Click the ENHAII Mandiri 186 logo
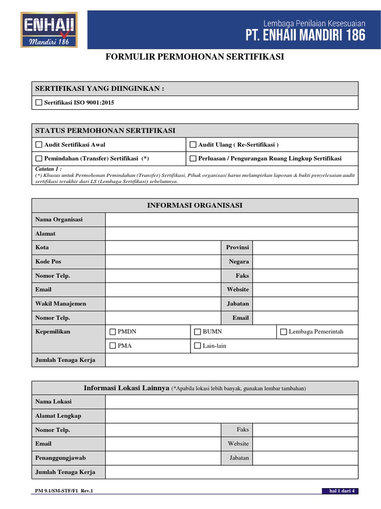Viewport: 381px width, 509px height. click(49, 30)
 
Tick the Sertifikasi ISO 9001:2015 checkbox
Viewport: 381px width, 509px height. click(39, 103)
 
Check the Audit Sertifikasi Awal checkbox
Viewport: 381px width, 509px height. click(39, 145)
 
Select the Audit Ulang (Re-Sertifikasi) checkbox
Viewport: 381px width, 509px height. click(193, 145)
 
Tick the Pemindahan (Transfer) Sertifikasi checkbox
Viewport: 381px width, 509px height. click(39, 159)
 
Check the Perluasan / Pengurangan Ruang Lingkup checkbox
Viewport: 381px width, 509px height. click(193, 159)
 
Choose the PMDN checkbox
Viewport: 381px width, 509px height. click(113, 332)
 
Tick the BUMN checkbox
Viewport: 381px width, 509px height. click(197, 332)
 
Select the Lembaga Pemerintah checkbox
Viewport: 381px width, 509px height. click(283, 332)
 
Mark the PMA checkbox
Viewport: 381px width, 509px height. click(113, 345)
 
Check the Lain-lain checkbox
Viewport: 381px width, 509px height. click(197, 345)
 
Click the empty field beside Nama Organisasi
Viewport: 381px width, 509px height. click(231, 220)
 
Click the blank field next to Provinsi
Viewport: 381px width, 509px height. click(305, 248)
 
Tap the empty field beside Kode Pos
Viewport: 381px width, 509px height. click(162, 261)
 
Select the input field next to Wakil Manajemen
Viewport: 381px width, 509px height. click(162, 303)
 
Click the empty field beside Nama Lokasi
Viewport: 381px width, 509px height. click(231, 402)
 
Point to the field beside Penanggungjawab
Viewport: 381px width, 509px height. click(162, 458)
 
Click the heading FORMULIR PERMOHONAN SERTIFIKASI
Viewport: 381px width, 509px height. click(195, 57)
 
